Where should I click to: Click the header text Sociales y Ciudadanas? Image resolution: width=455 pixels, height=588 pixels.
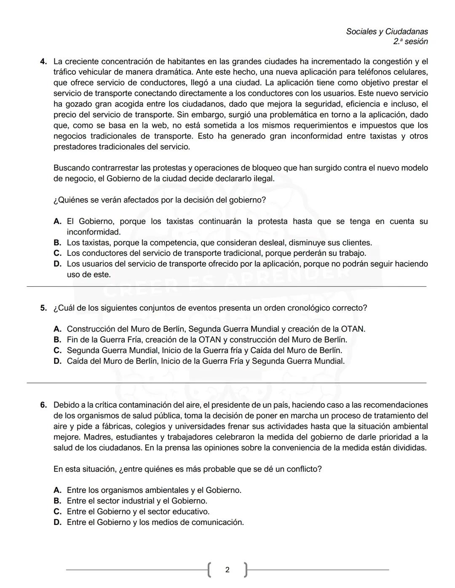(x=387, y=32)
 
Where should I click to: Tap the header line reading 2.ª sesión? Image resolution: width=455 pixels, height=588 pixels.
(x=410, y=42)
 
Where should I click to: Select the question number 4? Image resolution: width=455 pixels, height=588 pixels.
(x=43, y=61)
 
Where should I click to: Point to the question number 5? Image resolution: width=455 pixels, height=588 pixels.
(x=43, y=308)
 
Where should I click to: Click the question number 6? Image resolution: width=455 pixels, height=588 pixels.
(x=43, y=405)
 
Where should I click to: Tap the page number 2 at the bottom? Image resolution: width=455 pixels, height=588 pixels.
(x=227, y=570)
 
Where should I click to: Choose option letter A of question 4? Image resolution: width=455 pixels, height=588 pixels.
(x=57, y=221)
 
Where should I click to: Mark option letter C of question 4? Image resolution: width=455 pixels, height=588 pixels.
(x=57, y=253)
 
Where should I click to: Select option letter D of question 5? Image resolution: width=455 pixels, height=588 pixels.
(x=57, y=361)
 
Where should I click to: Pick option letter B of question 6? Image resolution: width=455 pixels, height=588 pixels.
(x=57, y=501)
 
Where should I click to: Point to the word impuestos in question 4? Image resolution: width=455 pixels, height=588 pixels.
(x=382, y=125)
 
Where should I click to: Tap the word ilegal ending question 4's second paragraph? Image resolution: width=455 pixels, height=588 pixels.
(x=263, y=178)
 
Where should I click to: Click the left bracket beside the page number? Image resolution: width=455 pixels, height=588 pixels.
(x=209, y=570)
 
